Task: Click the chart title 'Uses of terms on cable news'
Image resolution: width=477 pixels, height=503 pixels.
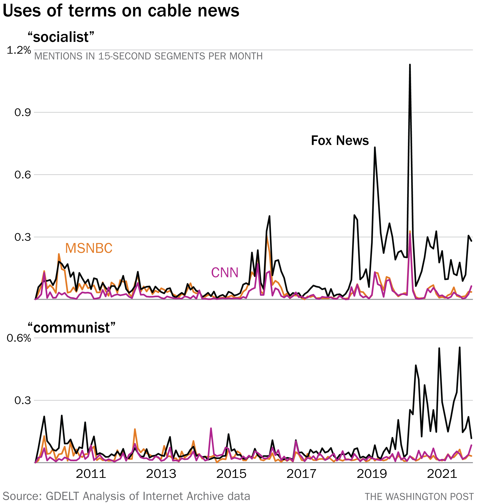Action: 121,11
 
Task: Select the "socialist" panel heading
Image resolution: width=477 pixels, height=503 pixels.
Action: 61,37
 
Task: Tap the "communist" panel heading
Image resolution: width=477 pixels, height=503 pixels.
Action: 72,327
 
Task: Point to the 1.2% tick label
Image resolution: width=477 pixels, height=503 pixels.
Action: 19,50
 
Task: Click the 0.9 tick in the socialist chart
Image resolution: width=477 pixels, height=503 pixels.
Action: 23,112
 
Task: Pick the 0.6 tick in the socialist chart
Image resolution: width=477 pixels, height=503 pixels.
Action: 23,175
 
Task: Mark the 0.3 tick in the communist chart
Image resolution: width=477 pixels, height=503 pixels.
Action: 23,400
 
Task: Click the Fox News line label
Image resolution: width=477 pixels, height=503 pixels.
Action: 340,141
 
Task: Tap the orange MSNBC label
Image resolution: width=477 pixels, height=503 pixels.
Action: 89,248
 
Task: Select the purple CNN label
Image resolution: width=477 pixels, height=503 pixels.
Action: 225,273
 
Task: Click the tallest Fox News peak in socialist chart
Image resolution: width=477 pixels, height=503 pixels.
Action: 410,65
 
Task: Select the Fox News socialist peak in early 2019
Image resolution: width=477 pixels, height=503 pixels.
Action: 375,148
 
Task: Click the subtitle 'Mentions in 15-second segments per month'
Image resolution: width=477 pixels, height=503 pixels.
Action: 148,56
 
